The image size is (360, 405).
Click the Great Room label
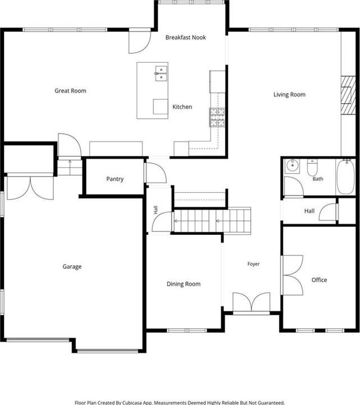coord(71,91)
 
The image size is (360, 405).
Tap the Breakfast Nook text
coord(185,38)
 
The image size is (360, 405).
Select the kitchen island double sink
coord(161,73)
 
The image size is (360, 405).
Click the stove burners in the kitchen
coord(217,117)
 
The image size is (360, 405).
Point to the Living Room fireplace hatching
coord(348,95)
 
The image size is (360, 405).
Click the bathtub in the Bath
coord(346,177)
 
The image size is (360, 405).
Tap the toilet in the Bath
coord(312,167)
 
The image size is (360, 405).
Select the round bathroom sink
coord(292,166)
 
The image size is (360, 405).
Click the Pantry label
coord(115,179)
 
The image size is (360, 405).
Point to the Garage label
coord(72,267)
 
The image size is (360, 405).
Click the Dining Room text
coord(184,284)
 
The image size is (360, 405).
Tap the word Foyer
coord(254,264)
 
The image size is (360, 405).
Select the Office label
coord(319,280)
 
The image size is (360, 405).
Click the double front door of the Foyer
coord(251,302)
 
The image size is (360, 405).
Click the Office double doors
coord(292,275)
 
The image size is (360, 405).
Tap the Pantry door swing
coord(155,173)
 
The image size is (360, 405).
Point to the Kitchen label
coord(182,106)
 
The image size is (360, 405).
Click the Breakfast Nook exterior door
coord(139,41)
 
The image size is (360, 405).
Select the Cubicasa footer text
coord(180,402)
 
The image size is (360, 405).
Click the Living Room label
coord(289,95)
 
